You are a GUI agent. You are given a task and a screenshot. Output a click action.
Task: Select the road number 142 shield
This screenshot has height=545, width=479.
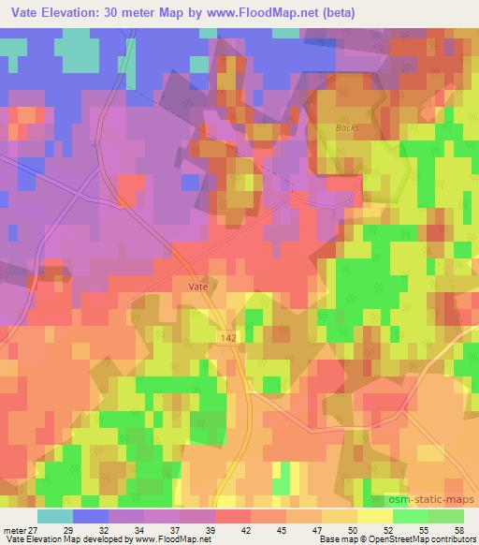pyautogui.click(x=228, y=334)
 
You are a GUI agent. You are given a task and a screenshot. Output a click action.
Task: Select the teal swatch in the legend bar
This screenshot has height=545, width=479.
pyautogui.click(x=56, y=516)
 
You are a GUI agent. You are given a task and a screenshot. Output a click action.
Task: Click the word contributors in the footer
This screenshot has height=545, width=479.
pyautogui.click(x=448, y=539)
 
